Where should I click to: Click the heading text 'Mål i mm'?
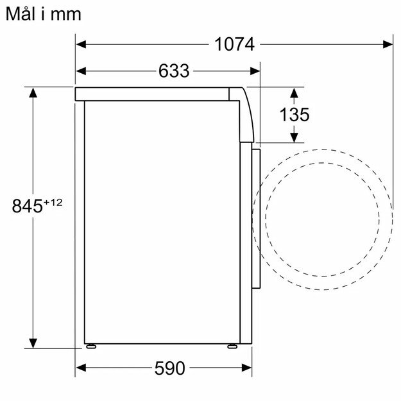[x=44, y=13]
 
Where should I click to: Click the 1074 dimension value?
[x=234, y=44]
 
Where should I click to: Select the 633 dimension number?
[x=174, y=71]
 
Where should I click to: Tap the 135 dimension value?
[x=294, y=115]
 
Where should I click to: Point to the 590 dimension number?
[x=169, y=368]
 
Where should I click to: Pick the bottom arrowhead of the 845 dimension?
[x=33, y=343]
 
